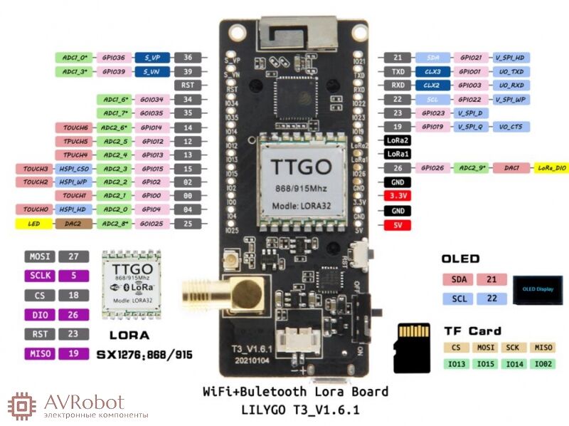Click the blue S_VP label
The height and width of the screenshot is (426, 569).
153,58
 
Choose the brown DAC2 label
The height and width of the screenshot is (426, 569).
74,224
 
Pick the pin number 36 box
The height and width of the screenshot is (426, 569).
188,58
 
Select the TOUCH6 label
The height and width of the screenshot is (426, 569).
74,128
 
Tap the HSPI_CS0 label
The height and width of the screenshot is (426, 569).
74,169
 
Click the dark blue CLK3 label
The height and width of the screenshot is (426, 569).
432,72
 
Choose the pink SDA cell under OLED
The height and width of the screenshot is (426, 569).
454,279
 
